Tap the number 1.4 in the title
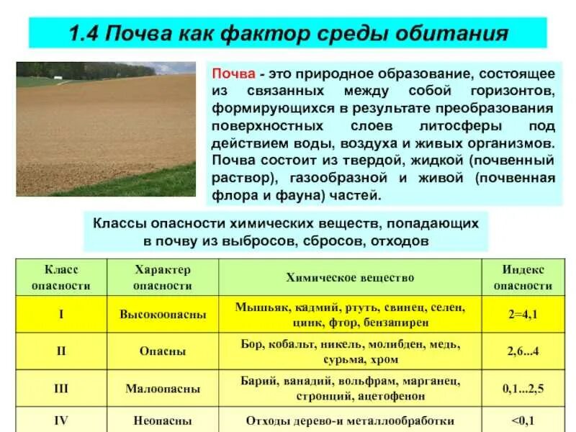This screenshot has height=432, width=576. coord(84,33)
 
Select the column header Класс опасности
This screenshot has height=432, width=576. coord(61,277)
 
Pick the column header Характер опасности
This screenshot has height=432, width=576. coord(163,277)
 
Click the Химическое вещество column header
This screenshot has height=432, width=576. coord(350,277)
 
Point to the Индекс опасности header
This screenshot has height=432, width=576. coord(523,277)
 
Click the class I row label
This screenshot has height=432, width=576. coord(61,315)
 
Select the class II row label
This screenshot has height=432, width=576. coord(61,351)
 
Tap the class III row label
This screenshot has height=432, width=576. coord(61,389)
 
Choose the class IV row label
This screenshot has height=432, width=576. coord(61,420)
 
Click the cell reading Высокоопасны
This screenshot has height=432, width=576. coord(163,315)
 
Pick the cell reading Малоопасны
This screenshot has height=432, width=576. coord(163,389)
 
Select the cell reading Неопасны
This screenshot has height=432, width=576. coord(163,420)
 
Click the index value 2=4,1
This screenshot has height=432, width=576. coord(523,315)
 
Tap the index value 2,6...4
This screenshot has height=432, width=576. coord(523,351)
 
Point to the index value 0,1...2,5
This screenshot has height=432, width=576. coord(523,389)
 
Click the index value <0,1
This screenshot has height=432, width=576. coord(523,420)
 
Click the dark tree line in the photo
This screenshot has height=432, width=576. coord(86,71)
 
